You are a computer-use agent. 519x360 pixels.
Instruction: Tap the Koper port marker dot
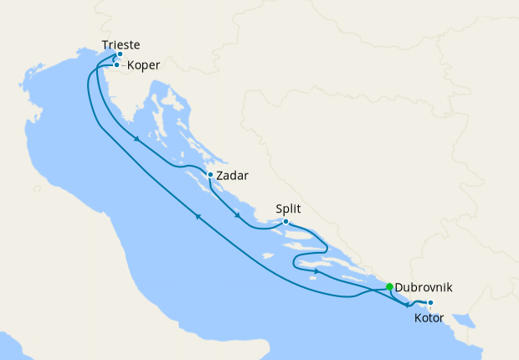click(116, 64)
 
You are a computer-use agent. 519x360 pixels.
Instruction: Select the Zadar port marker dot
click(210, 175)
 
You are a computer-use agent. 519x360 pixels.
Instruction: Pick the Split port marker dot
click(286, 222)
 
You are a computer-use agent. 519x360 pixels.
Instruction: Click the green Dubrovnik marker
click(389, 286)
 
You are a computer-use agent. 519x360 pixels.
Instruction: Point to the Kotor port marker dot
click(430, 303)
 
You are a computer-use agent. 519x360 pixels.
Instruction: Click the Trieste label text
click(120, 44)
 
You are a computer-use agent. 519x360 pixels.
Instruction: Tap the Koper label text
click(144, 64)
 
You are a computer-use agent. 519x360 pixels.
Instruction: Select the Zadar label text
click(232, 176)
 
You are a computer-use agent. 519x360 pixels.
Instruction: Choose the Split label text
click(287, 209)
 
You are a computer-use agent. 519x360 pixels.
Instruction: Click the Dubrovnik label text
click(426, 286)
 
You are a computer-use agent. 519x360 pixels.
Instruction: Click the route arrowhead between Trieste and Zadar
click(135, 139)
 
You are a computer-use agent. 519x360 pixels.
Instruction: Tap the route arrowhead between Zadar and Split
click(239, 215)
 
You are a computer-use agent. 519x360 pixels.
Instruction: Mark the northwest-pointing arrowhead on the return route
click(199, 217)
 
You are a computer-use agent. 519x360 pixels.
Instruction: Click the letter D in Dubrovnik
click(398, 286)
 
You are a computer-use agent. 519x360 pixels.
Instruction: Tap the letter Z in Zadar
click(219, 176)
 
